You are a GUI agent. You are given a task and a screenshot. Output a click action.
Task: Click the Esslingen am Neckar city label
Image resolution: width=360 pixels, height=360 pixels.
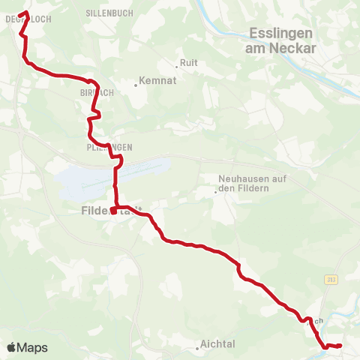click(x=281, y=40)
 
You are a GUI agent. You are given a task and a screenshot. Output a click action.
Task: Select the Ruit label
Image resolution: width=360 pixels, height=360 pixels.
click(x=189, y=63)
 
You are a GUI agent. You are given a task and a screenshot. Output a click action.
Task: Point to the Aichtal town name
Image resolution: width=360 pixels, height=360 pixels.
click(x=218, y=343)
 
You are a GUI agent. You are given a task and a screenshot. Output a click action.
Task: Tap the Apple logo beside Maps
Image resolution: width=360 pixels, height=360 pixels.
click(x=11, y=347)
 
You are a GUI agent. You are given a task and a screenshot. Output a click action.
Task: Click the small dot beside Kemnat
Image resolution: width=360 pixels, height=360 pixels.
click(x=136, y=85)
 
